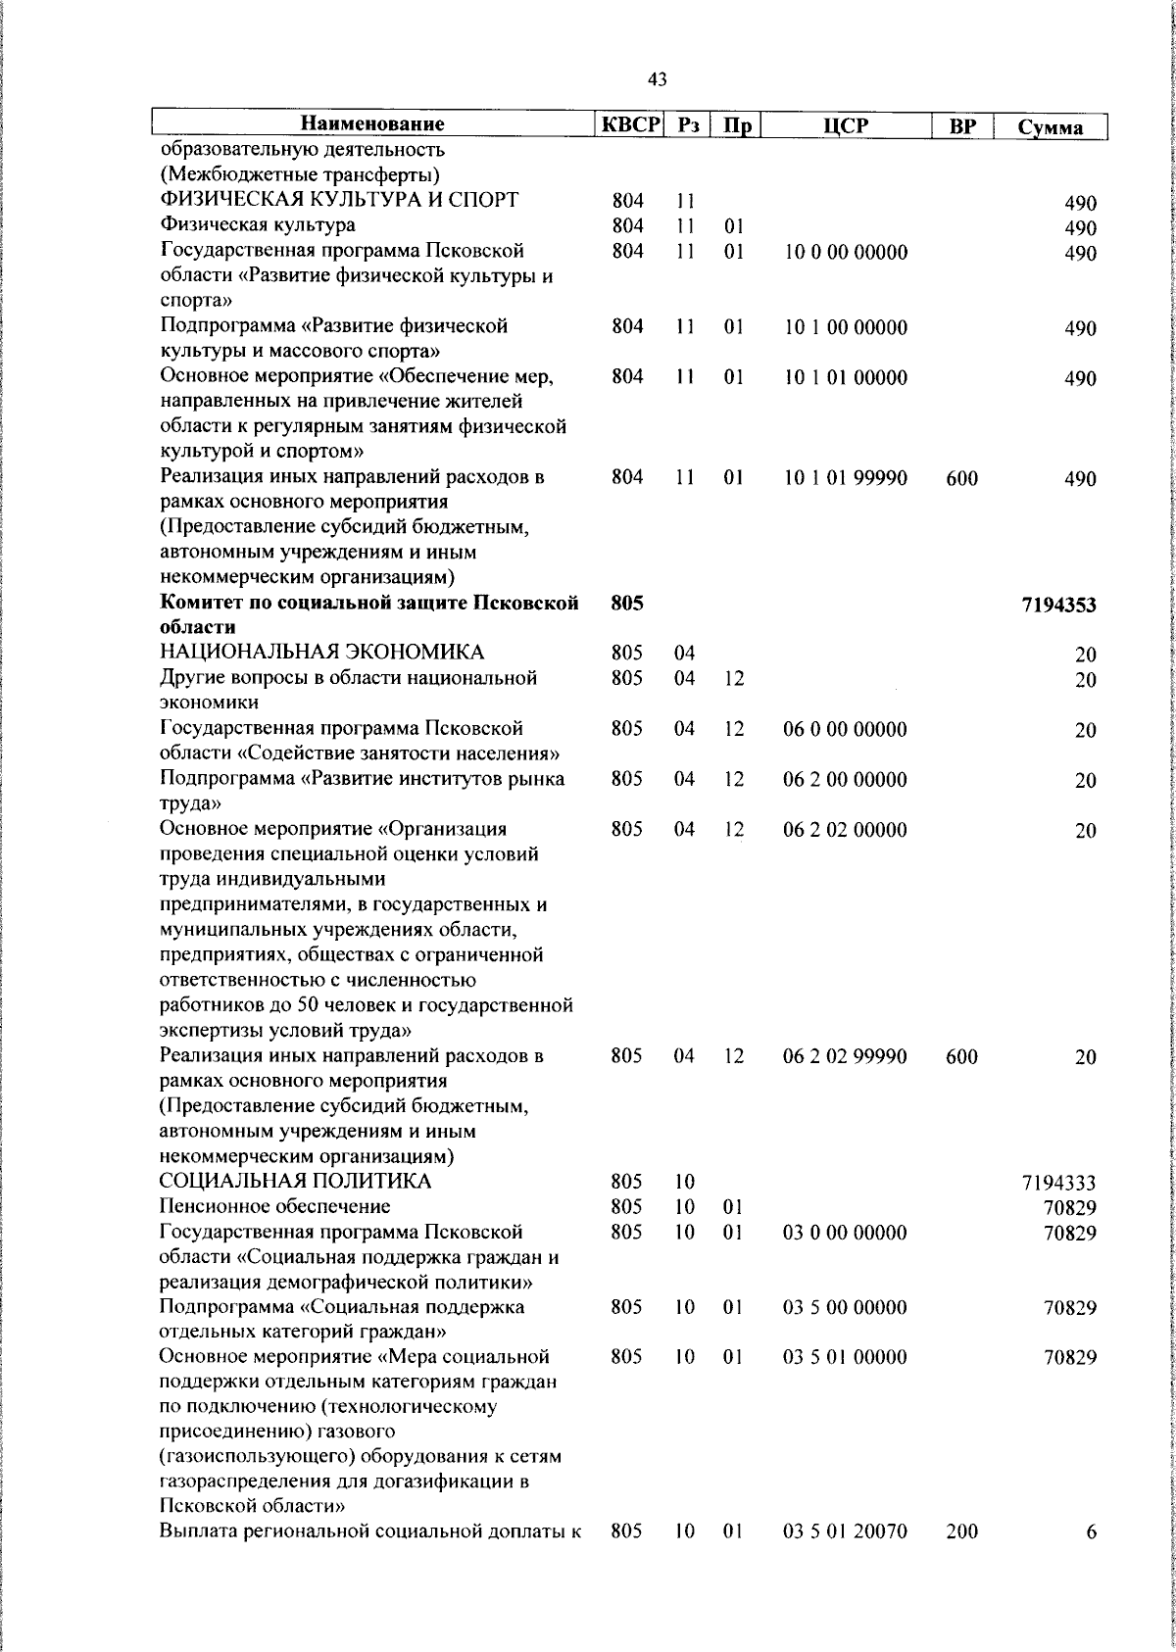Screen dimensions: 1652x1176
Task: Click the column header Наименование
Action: [372, 124]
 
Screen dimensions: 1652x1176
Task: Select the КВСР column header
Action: [631, 124]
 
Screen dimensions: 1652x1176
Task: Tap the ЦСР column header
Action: [847, 125]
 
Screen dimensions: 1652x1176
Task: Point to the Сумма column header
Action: [1051, 127]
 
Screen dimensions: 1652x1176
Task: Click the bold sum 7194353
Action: [1058, 606]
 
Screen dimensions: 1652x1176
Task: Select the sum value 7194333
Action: [1058, 1184]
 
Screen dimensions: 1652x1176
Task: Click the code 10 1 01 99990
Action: [846, 478]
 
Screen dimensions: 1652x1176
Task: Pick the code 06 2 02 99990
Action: [846, 1056]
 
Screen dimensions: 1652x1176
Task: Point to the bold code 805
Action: [627, 604]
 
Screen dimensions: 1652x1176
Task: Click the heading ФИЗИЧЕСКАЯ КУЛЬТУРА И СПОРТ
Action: [340, 201]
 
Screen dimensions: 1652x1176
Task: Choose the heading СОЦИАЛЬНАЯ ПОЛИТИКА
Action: [296, 1182]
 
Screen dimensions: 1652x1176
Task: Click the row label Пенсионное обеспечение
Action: [275, 1206]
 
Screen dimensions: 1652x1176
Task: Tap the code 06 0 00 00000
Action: [846, 729]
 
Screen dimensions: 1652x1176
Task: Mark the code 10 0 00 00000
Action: [846, 253]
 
